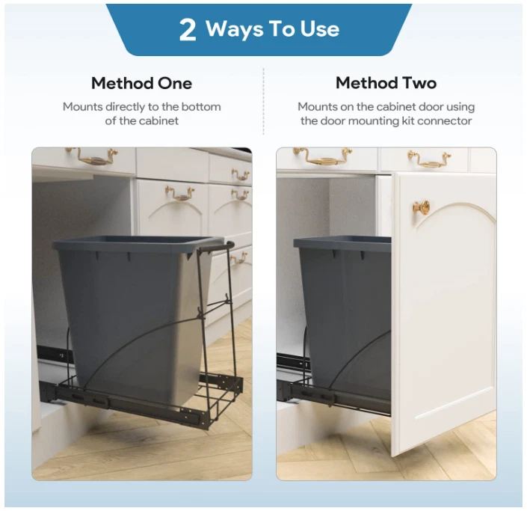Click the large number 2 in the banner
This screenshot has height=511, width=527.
point(188,30)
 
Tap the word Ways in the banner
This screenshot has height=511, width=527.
point(235,29)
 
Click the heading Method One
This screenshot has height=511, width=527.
point(141,83)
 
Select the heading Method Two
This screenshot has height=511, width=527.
point(386,83)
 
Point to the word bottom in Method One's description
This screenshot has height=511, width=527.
point(201,107)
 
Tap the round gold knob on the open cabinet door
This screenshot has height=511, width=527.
point(421,206)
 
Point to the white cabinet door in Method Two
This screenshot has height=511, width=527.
point(443,313)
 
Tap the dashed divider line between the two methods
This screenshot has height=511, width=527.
point(263,101)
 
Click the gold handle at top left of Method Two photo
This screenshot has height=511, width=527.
point(323,156)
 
